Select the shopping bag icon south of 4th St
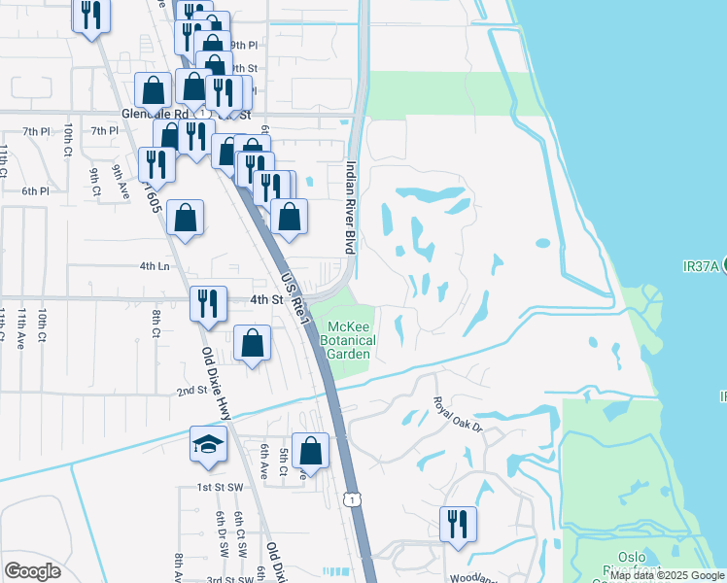pyautogui.click(x=252, y=342)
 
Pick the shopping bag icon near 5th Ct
pyautogui.click(x=310, y=450)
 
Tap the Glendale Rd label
pyautogui.click(x=146, y=114)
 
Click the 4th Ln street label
pyautogui.click(x=155, y=265)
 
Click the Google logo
pyautogui.click(x=32, y=571)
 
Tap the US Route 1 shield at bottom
pyautogui.click(x=349, y=497)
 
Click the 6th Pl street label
pyautogui.click(x=35, y=190)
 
